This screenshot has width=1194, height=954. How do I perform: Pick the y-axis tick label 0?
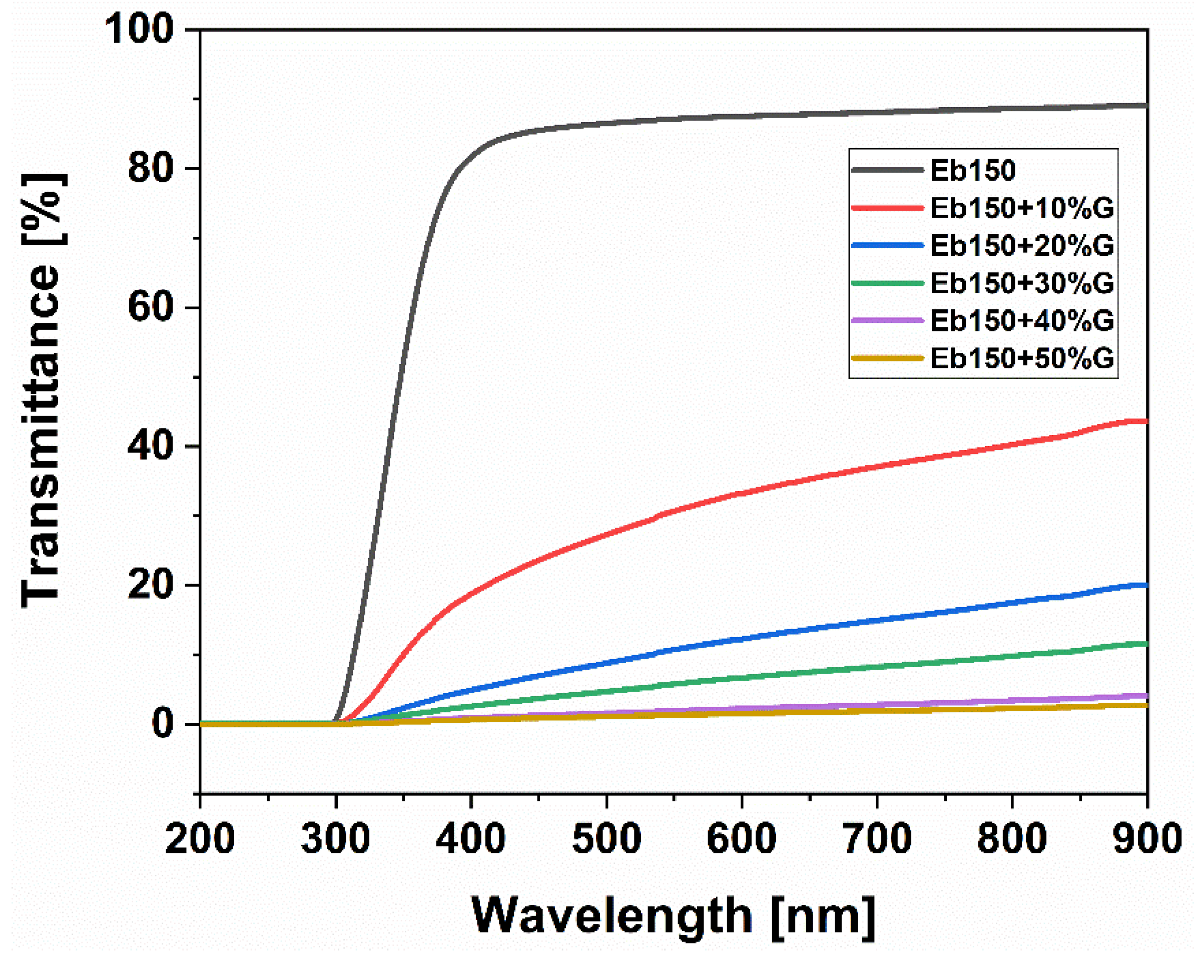click(x=163, y=724)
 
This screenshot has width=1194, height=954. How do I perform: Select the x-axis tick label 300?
click(x=335, y=838)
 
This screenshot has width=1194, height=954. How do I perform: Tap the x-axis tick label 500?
click(x=607, y=838)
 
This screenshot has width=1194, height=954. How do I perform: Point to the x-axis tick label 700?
click(x=877, y=838)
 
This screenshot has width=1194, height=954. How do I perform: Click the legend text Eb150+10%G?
click(x=1022, y=208)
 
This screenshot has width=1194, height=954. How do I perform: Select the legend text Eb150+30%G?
click(x=1022, y=283)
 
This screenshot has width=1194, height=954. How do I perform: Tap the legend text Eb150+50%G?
click(x=1022, y=358)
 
